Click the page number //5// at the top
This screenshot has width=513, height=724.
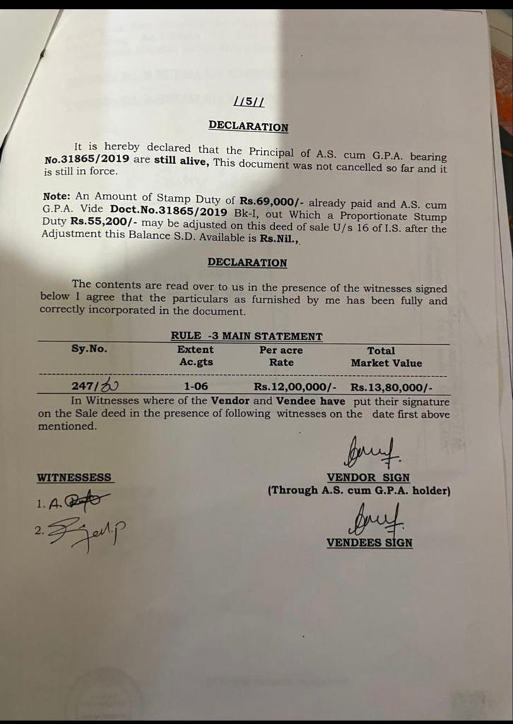[x=249, y=102]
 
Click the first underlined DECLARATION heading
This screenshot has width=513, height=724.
[x=248, y=127]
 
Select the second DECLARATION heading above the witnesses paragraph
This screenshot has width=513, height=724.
[x=247, y=262]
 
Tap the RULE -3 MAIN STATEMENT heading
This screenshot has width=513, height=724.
[x=247, y=337]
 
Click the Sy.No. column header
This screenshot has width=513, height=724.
[x=90, y=349]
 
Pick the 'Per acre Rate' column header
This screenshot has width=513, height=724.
[x=281, y=356]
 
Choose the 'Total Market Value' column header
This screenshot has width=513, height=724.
[x=386, y=356]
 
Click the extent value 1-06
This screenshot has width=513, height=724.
[x=196, y=387]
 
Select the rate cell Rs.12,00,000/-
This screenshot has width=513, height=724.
[x=295, y=387]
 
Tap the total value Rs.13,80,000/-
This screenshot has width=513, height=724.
[x=391, y=387]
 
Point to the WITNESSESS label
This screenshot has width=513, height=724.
[x=73, y=478]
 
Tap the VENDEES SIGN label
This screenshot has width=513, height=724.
[x=369, y=542]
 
